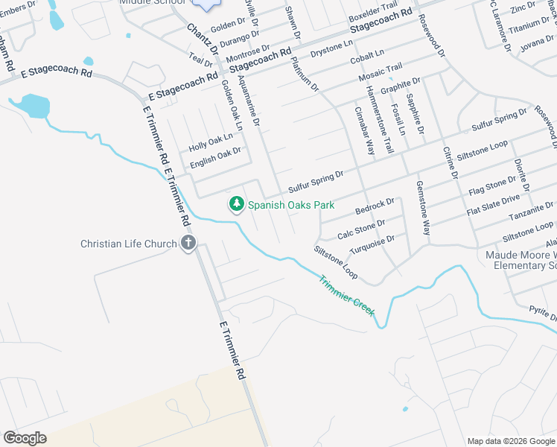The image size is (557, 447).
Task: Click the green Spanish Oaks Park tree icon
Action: [x=237, y=203]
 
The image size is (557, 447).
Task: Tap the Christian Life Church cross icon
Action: [x=188, y=242]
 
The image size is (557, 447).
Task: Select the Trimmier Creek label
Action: [x=347, y=296]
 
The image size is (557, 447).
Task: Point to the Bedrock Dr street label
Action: [x=375, y=203]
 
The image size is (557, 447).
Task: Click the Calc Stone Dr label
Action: [x=361, y=229]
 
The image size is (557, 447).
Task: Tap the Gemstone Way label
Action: [x=423, y=208]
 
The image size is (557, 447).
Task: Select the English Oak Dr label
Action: [x=216, y=156]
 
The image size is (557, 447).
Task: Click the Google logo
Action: [x=25, y=438]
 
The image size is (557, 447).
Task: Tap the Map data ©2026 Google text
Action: [x=510, y=441]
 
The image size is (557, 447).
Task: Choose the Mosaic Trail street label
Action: [x=380, y=73]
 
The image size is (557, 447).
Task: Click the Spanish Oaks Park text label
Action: [x=291, y=205]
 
